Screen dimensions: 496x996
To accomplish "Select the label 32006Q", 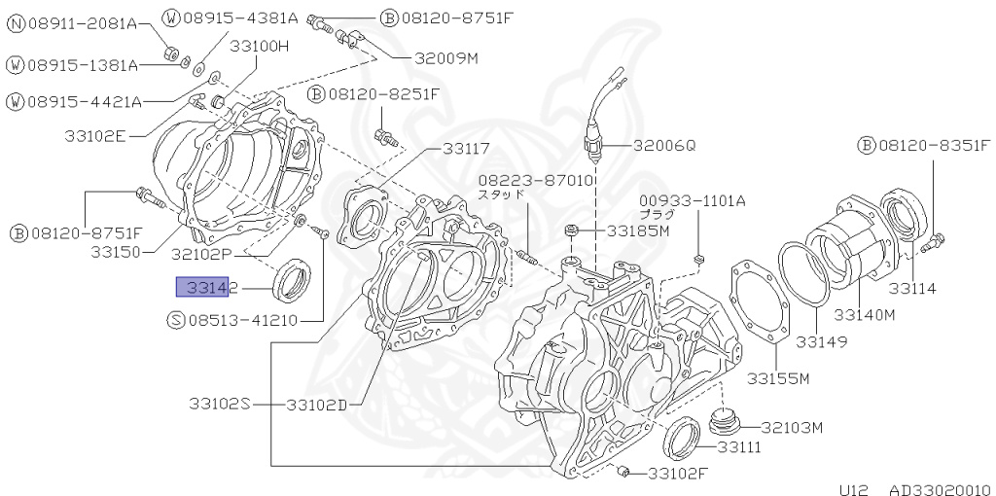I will coord(665,146).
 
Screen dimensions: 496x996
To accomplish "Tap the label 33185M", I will coord(638,231).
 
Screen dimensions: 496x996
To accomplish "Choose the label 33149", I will coord(822,341).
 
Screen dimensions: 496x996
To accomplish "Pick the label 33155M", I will coord(779,378).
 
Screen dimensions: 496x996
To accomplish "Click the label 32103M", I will coord(792,427).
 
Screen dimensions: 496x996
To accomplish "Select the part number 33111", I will coord(739,447).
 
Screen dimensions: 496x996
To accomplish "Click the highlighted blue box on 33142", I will coord(201,287).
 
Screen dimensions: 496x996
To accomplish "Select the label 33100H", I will coord(260,46).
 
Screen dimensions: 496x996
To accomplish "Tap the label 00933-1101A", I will coord(692,201).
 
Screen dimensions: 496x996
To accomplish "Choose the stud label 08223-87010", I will coord(536,180).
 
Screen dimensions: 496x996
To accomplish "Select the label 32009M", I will coord(446,57).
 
